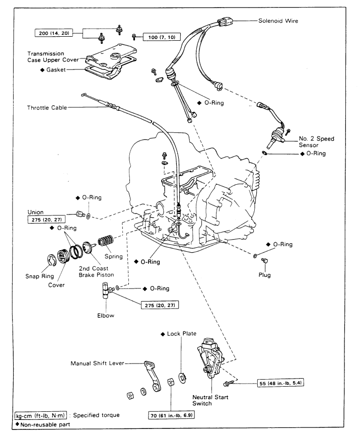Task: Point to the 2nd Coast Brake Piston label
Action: [x=101, y=271]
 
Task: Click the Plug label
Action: [x=264, y=275]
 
